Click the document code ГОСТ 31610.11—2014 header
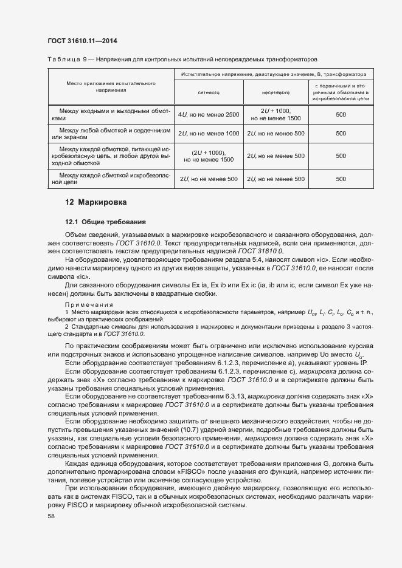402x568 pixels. [82, 41]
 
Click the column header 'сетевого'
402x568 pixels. [208, 93]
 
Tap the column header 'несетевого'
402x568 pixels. [276, 93]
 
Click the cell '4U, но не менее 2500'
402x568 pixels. [208, 114]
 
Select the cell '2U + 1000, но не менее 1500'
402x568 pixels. [276, 114]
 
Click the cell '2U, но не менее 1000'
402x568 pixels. [208, 133]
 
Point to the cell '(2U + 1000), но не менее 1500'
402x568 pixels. [208, 156]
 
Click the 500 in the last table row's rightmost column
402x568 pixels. [341, 179]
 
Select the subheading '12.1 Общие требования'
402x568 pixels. [105, 222]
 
